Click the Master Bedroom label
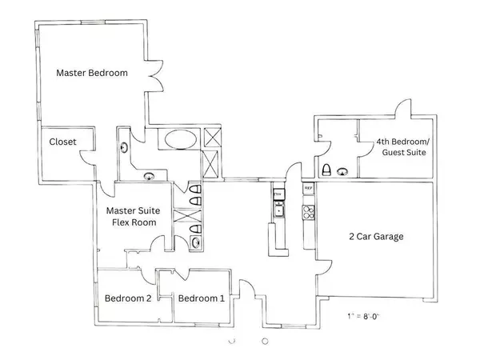(92, 73)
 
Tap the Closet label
(62, 144)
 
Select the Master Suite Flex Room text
(133, 217)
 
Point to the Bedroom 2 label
(128, 299)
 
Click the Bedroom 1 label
(201, 299)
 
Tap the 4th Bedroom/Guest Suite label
(401, 147)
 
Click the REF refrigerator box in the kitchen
(308, 189)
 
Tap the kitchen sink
(278, 210)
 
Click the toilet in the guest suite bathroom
(326, 170)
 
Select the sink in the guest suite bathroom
(343, 170)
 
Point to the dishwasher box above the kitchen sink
(278, 194)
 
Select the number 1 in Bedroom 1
(221, 299)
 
